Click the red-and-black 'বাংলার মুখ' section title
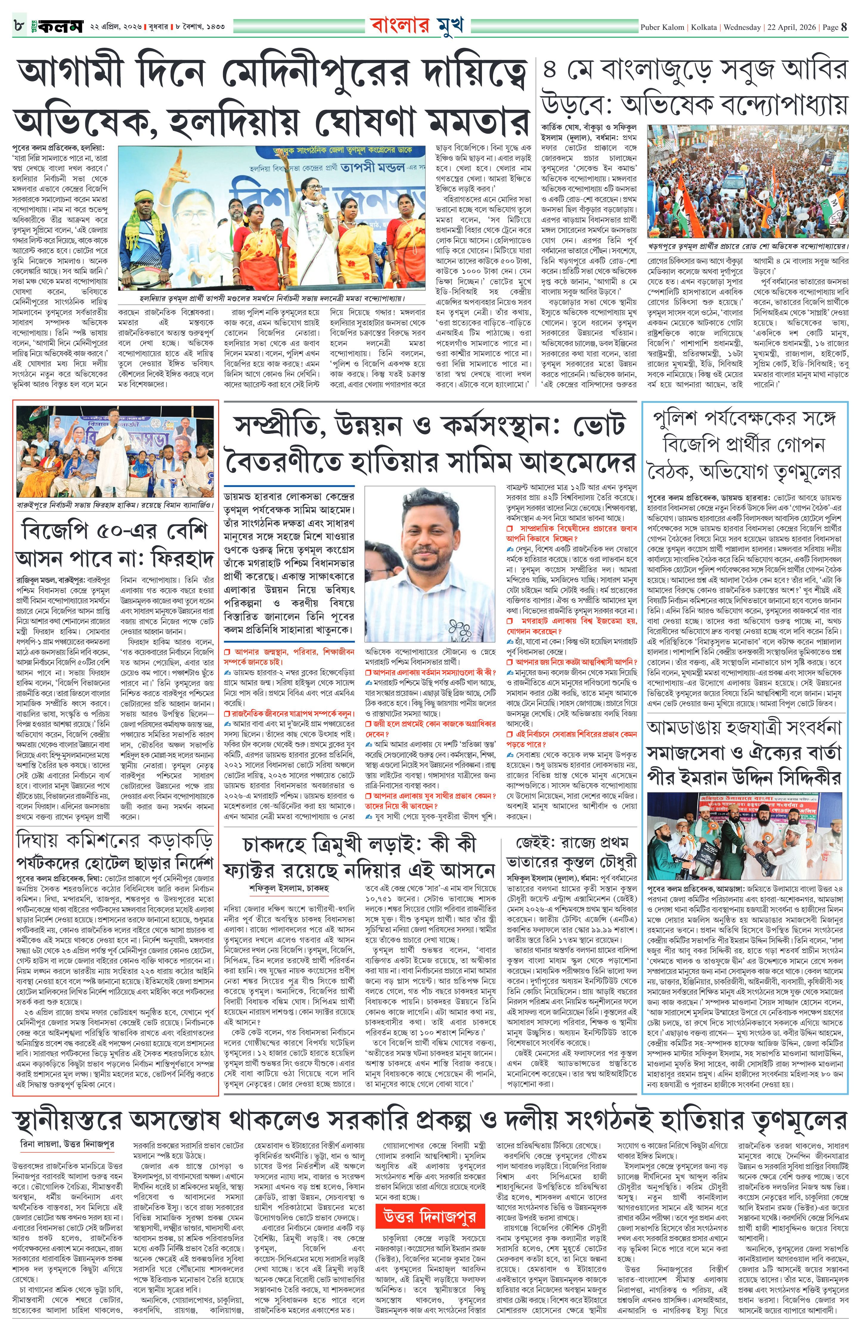[416, 26]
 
